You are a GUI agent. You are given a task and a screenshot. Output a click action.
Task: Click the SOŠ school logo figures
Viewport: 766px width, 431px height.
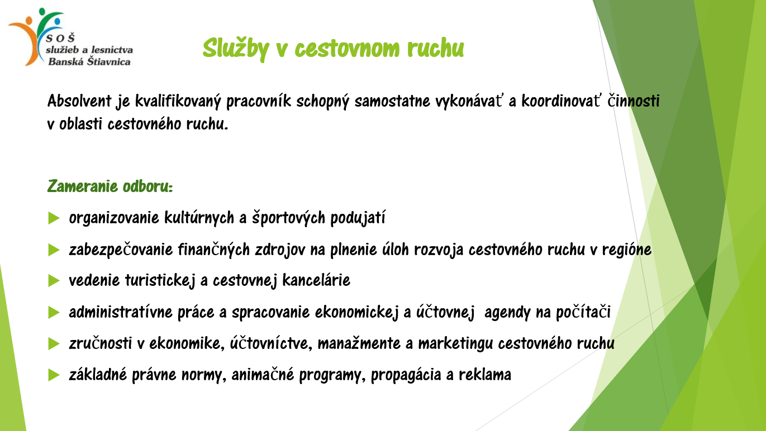point(36,36)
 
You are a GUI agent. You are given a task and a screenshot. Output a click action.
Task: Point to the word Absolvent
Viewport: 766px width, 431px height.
point(79,101)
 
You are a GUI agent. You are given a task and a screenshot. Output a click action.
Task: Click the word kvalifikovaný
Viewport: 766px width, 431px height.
point(178,102)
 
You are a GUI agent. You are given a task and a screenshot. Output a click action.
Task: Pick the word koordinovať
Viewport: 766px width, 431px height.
point(560,101)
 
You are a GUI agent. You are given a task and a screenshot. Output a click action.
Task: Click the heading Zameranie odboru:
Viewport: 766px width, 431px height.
point(110,186)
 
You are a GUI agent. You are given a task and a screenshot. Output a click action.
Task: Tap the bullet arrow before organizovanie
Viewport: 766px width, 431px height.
point(54,218)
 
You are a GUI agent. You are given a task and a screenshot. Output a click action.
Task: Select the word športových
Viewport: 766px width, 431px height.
point(288,218)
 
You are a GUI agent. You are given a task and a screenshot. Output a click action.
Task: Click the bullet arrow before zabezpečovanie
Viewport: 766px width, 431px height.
point(54,250)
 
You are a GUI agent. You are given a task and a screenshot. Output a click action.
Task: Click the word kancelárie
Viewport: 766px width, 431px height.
point(316,280)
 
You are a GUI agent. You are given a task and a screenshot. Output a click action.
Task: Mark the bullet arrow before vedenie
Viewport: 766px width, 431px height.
point(54,281)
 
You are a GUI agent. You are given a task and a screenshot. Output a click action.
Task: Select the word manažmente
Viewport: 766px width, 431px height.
point(359,343)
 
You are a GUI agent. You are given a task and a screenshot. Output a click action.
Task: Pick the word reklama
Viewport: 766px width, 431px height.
point(484,375)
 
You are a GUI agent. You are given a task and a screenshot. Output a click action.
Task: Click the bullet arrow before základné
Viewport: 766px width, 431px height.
point(54,375)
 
